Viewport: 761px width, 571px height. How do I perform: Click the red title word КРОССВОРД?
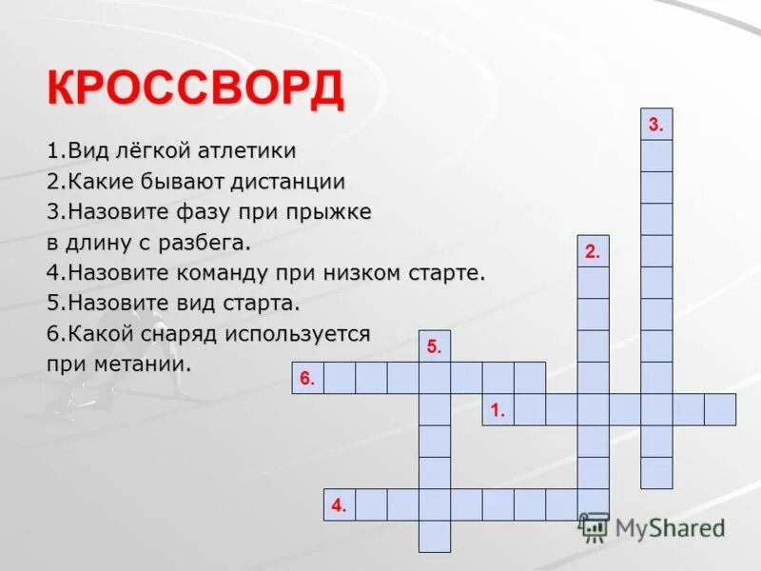196,90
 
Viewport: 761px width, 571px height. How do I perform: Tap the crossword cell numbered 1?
498,409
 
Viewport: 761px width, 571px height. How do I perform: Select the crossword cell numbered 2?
593,251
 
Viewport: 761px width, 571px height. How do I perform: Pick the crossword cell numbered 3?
656,124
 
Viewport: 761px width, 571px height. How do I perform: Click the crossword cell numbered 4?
340,504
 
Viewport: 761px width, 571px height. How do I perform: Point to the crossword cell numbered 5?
435,346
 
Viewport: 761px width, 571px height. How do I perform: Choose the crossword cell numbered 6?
307,378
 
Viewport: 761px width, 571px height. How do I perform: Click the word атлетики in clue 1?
247,150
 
